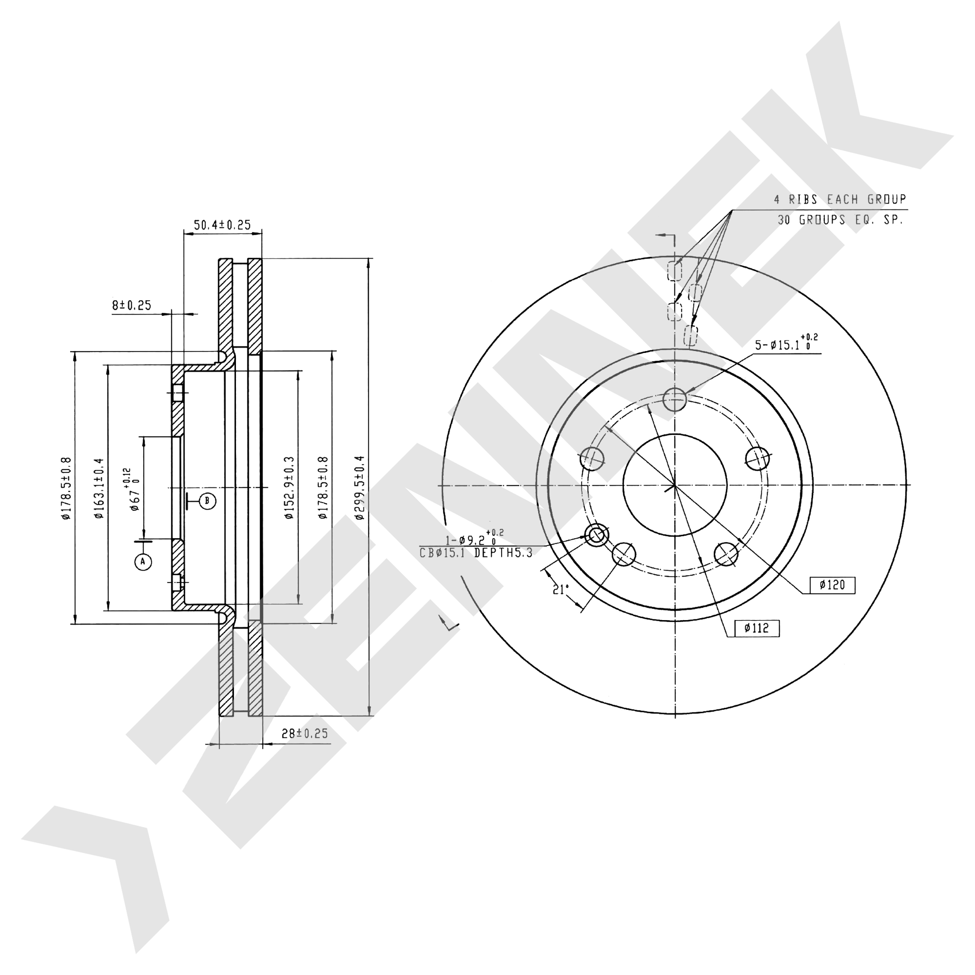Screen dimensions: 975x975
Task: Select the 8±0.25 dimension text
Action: click(131, 305)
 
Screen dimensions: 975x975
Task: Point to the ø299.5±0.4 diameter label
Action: click(359, 487)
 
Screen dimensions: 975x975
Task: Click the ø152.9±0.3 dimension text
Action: click(289, 488)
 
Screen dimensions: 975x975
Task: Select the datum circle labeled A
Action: click(143, 561)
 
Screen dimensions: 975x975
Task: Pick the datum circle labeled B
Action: click(207, 501)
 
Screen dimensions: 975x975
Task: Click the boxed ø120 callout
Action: click(832, 585)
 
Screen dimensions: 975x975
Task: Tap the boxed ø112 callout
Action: click(757, 628)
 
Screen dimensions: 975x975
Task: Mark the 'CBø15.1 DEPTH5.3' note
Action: click(476, 553)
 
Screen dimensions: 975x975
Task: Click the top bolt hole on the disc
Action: click(675, 400)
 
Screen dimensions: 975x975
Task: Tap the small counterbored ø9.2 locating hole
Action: click(597, 534)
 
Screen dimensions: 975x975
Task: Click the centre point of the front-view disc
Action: click(675, 486)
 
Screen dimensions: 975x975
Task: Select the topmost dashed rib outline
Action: click(674, 271)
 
